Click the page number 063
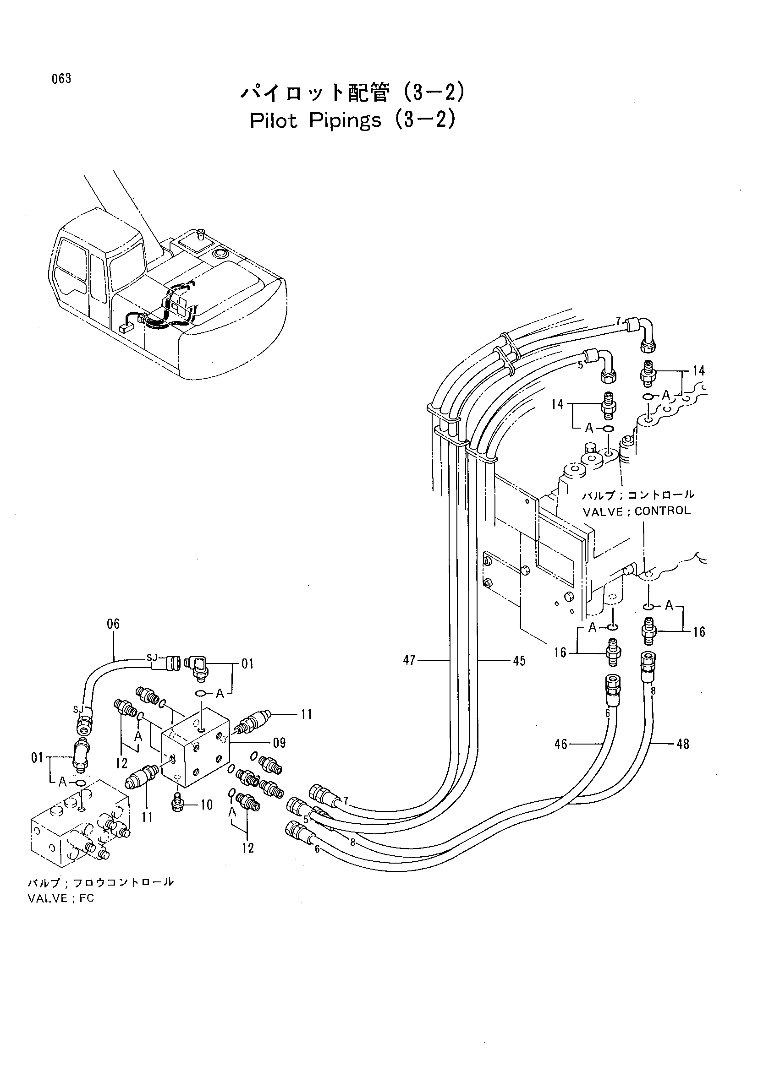[x=61, y=79]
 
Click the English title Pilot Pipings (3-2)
[x=352, y=121]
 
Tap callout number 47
[x=409, y=661]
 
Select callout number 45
[x=519, y=661]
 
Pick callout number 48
[x=683, y=744]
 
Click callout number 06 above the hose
[x=113, y=624]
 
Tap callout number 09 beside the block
[x=279, y=743]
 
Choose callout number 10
[x=206, y=805]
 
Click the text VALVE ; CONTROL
[x=637, y=511]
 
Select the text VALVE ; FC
[x=60, y=898]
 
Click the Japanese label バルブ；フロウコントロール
[x=101, y=882]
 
